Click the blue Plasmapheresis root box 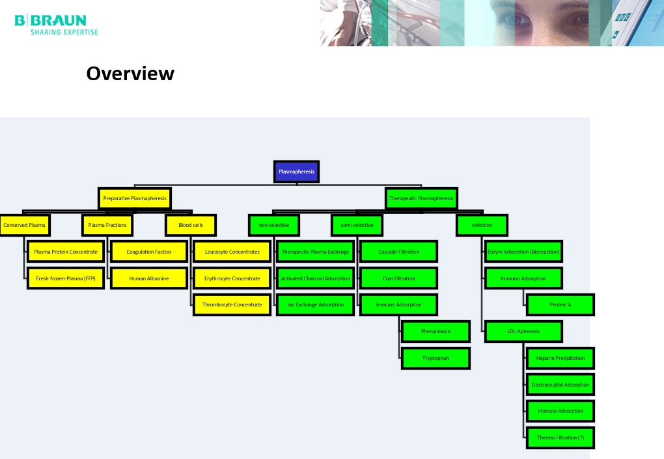[x=296, y=172]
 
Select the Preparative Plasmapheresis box [x=135, y=198]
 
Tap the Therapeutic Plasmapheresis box [x=421, y=198]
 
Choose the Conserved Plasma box [x=24, y=225]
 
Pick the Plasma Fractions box [x=107, y=225]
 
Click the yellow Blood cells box [x=190, y=225]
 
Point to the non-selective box [x=274, y=225]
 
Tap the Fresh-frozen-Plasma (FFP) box [x=66, y=278]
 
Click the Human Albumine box [x=149, y=278]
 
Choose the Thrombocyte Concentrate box [x=232, y=304]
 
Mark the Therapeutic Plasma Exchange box [x=315, y=252]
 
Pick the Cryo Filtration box [x=398, y=278]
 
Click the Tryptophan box [x=436, y=358]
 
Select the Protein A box [x=560, y=304]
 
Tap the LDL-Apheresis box [x=523, y=331]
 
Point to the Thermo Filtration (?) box [x=560, y=437]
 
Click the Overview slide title [x=130, y=73]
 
